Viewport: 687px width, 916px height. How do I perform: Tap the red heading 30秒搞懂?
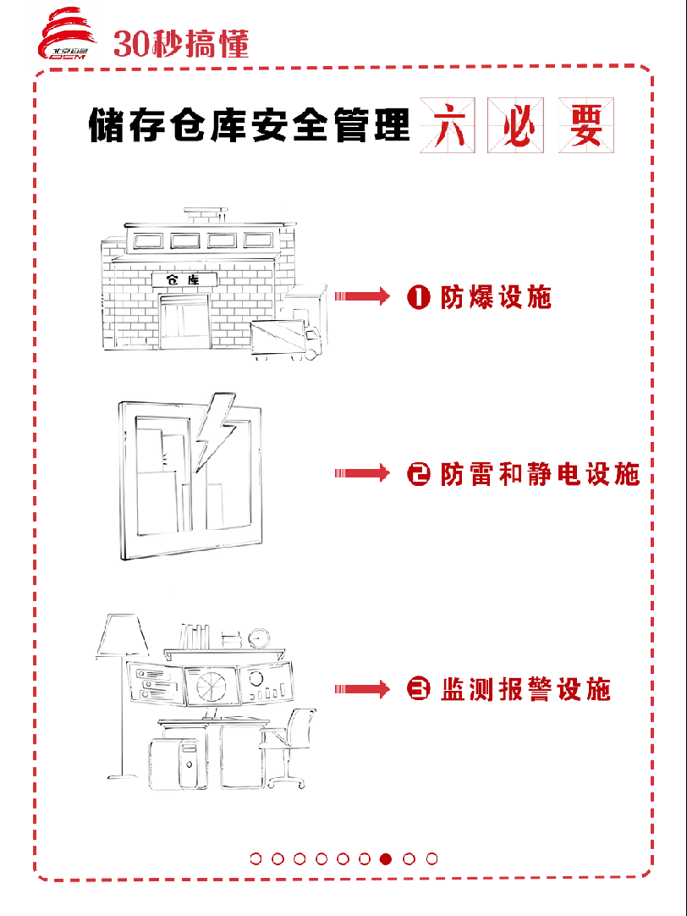(181, 43)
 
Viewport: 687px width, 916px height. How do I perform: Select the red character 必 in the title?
(517, 126)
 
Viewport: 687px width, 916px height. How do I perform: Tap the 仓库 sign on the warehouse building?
(184, 279)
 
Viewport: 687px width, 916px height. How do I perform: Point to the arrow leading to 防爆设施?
(361, 296)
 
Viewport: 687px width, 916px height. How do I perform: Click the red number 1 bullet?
(419, 297)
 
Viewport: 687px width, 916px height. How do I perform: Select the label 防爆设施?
(496, 297)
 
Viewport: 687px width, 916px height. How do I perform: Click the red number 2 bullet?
(419, 474)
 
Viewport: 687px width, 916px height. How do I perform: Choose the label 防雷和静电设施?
(540, 474)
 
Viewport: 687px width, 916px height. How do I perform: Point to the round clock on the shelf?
(259, 637)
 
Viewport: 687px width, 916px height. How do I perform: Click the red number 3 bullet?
(419, 690)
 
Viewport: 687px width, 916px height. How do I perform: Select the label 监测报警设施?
(525, 690)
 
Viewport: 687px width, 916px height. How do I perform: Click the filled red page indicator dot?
(387, 858)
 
